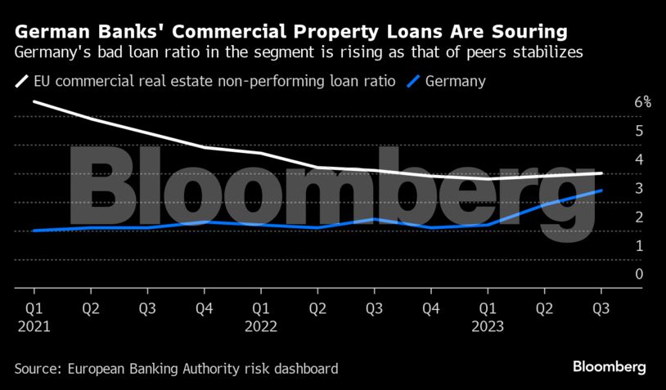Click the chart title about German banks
pyautogui.click(x=290, y=32)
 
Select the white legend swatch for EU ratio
pyautogui.click(x=21, y=81)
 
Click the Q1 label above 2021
pyautogui.click(x=34, y=308)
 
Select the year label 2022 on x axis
pyautogui.click(x=261, y=325)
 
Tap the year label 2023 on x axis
pyautogui.click(x=488, y=325)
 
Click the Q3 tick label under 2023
pyautogui.click(x=601, y=308)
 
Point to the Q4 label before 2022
pyautogui.click(x=204, y=308)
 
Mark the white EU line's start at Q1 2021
pyautogui.click(x=34, y=101)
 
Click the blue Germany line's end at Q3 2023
pyautogui.click(x=602, y=191)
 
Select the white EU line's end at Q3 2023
pyautogui.click(x=602, y=173)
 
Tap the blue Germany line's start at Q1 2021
pyautogui.click(x=34, y=231)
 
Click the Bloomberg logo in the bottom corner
pyautogui.click(x=610, y=366)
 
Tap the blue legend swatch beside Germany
pyautogui.click(x=416, y=81)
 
